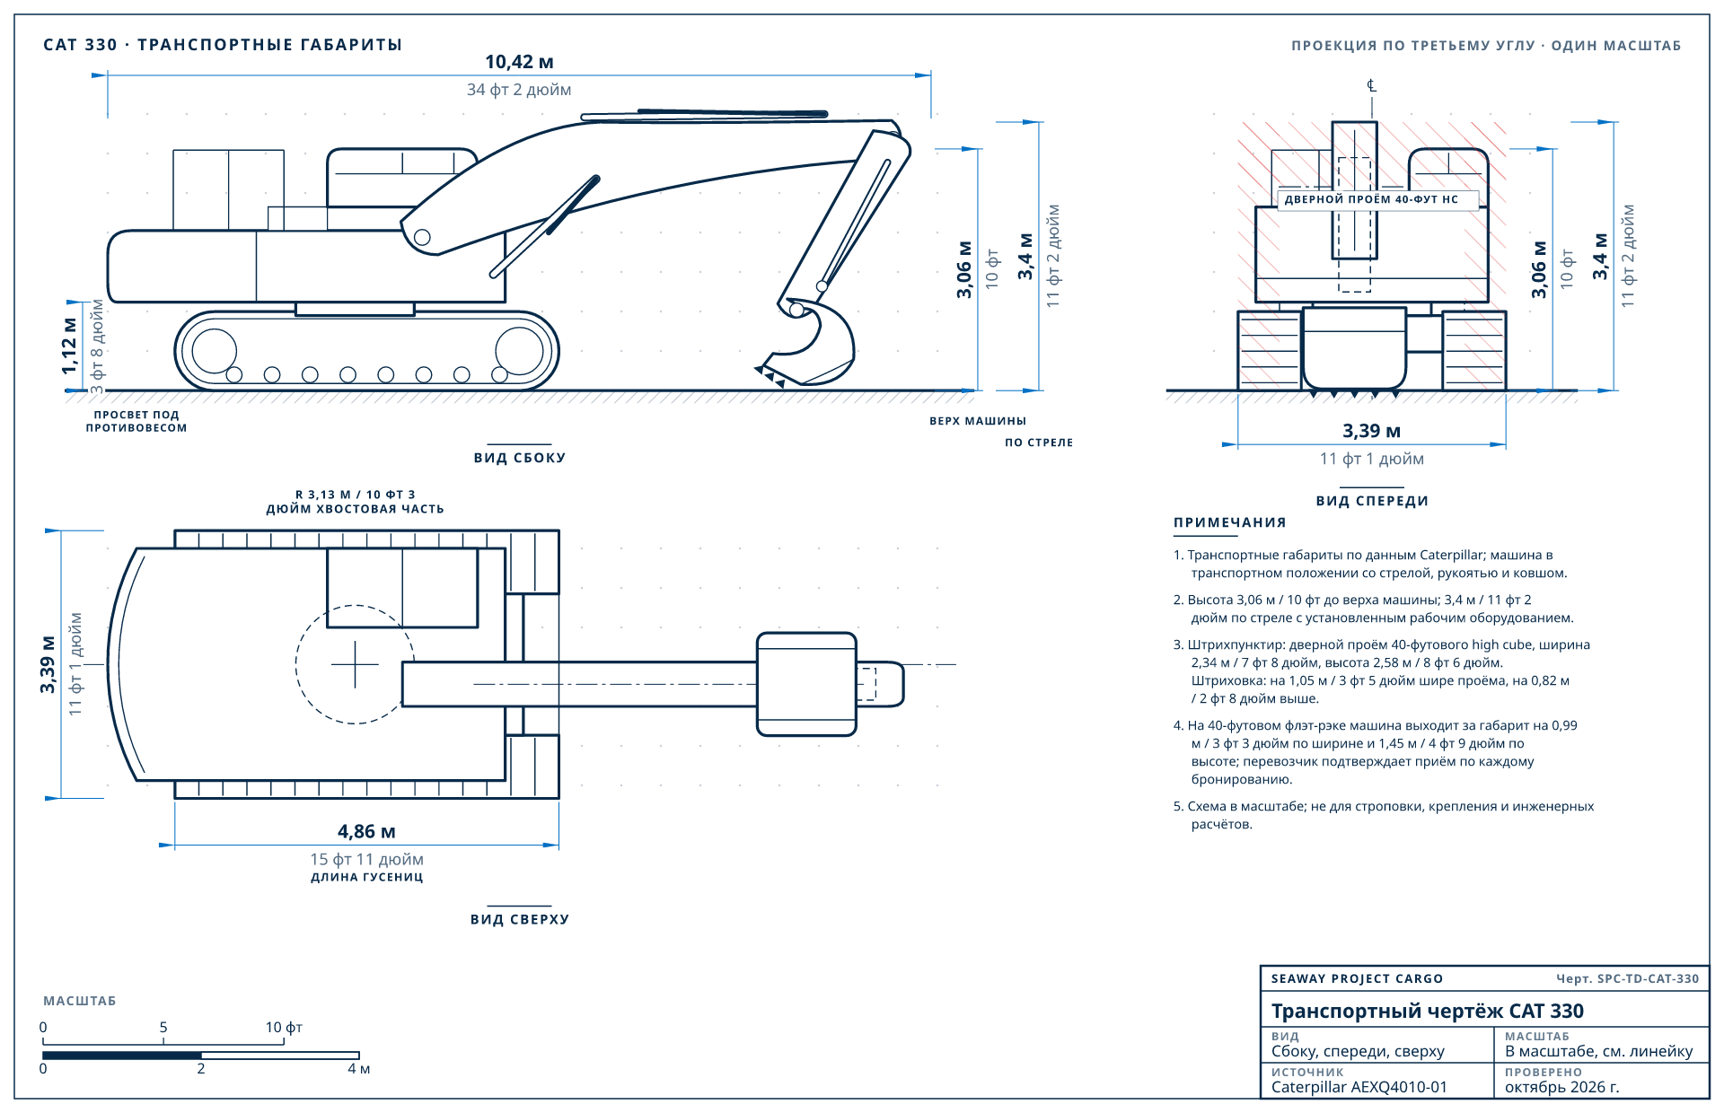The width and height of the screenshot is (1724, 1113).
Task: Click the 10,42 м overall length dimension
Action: (x=519, y=62)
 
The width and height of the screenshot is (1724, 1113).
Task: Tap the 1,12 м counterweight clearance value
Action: (x=69, y=346)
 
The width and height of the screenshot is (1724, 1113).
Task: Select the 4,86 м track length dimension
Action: (x=366, y=832)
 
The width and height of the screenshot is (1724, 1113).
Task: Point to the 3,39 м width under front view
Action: (x=1371, y=431)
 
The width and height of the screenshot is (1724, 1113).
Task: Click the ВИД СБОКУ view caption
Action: (x=520, y=458)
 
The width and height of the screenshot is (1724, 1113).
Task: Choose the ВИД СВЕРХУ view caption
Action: (x=520, y=919)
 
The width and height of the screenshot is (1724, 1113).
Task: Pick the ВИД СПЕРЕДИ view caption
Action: (x=1372, y=501)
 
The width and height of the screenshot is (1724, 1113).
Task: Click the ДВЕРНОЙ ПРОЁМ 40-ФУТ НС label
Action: (x=1371, y=199)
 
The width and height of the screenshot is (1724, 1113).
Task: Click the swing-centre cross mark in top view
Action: (x=355, y=664)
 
